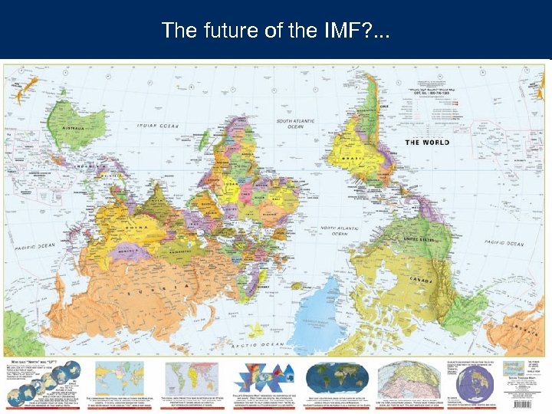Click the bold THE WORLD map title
point(427,142)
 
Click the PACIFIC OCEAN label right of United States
point(504,243)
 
